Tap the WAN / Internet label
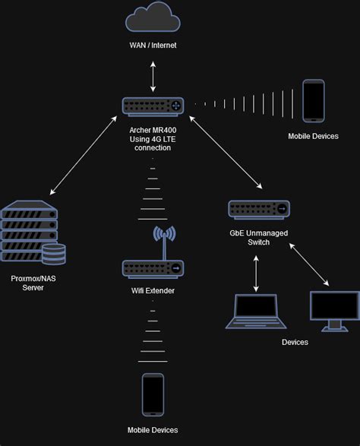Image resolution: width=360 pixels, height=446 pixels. pos(153,46)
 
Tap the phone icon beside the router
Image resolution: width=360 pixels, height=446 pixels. pos(314,101)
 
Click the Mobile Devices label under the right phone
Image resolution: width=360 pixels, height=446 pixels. pos(313,137)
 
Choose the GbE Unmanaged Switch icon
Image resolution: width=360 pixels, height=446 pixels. pos(259,207)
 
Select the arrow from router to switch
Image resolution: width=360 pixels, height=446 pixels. pos(226,152)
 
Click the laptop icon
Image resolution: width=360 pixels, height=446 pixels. pos(256,312)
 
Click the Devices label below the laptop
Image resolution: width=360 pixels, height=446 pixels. pos(295,343)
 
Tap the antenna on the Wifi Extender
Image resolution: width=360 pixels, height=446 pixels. pos(159,240)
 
